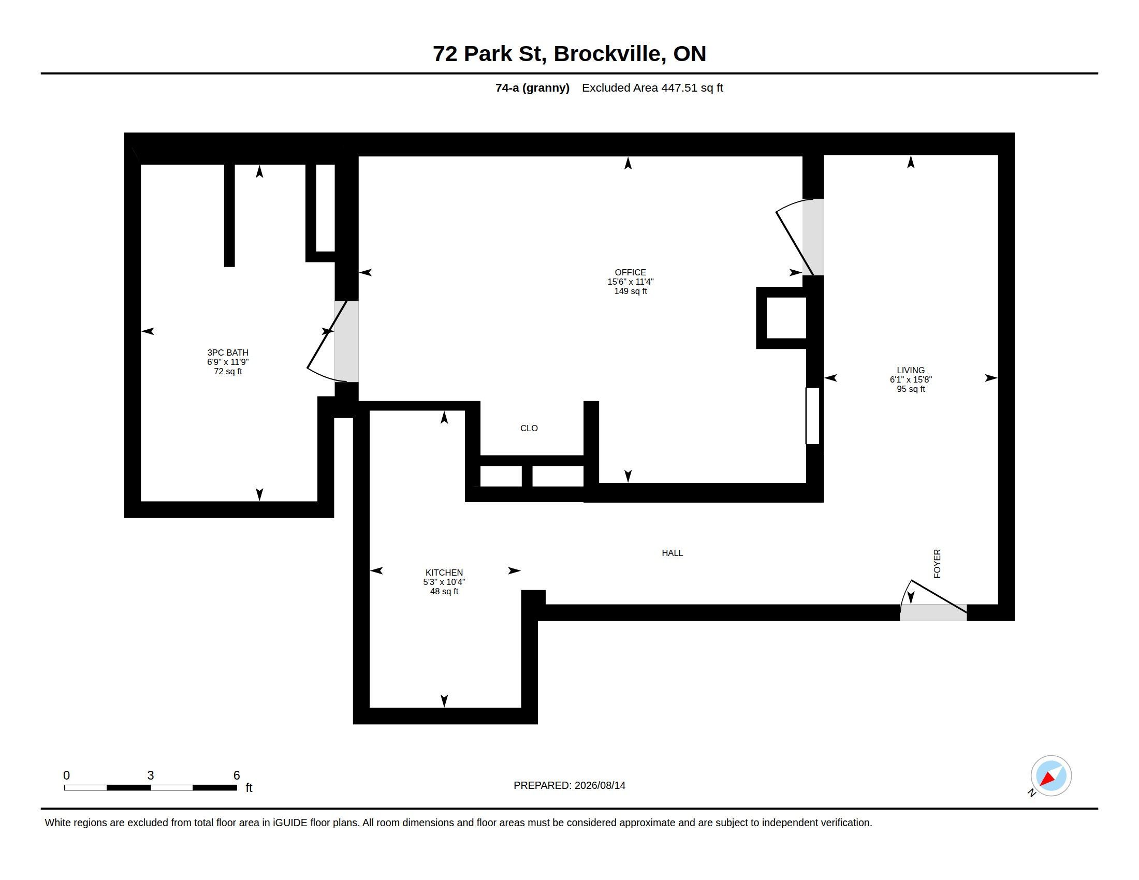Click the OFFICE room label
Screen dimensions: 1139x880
[x=630, y=272]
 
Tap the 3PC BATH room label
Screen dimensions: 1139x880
[x=228, y=353]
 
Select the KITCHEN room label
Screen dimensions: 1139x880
[x=444, y=573]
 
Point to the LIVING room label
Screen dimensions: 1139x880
[x=911, y=370]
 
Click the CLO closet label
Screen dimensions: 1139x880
[x=529, y=428]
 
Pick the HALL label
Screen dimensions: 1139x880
[x=672, y=553]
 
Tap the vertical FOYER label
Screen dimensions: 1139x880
[x=937, y=564]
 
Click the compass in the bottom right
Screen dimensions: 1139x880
[x=1051, y=776]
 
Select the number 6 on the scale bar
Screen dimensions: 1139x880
[x=236, y=775]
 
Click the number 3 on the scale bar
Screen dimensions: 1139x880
[x=151, y=775]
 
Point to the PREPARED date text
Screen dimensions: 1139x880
[x=569, y=785]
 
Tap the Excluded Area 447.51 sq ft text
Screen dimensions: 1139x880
[x=652, y=88]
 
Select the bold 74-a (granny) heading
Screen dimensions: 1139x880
[x=532, y=88]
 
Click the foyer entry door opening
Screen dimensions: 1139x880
[x=933, y=612]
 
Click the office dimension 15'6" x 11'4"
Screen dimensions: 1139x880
[x=630, y=282]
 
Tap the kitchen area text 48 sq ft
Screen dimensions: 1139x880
[x=444, y=591]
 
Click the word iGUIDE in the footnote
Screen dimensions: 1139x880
[x=290, y=823]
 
